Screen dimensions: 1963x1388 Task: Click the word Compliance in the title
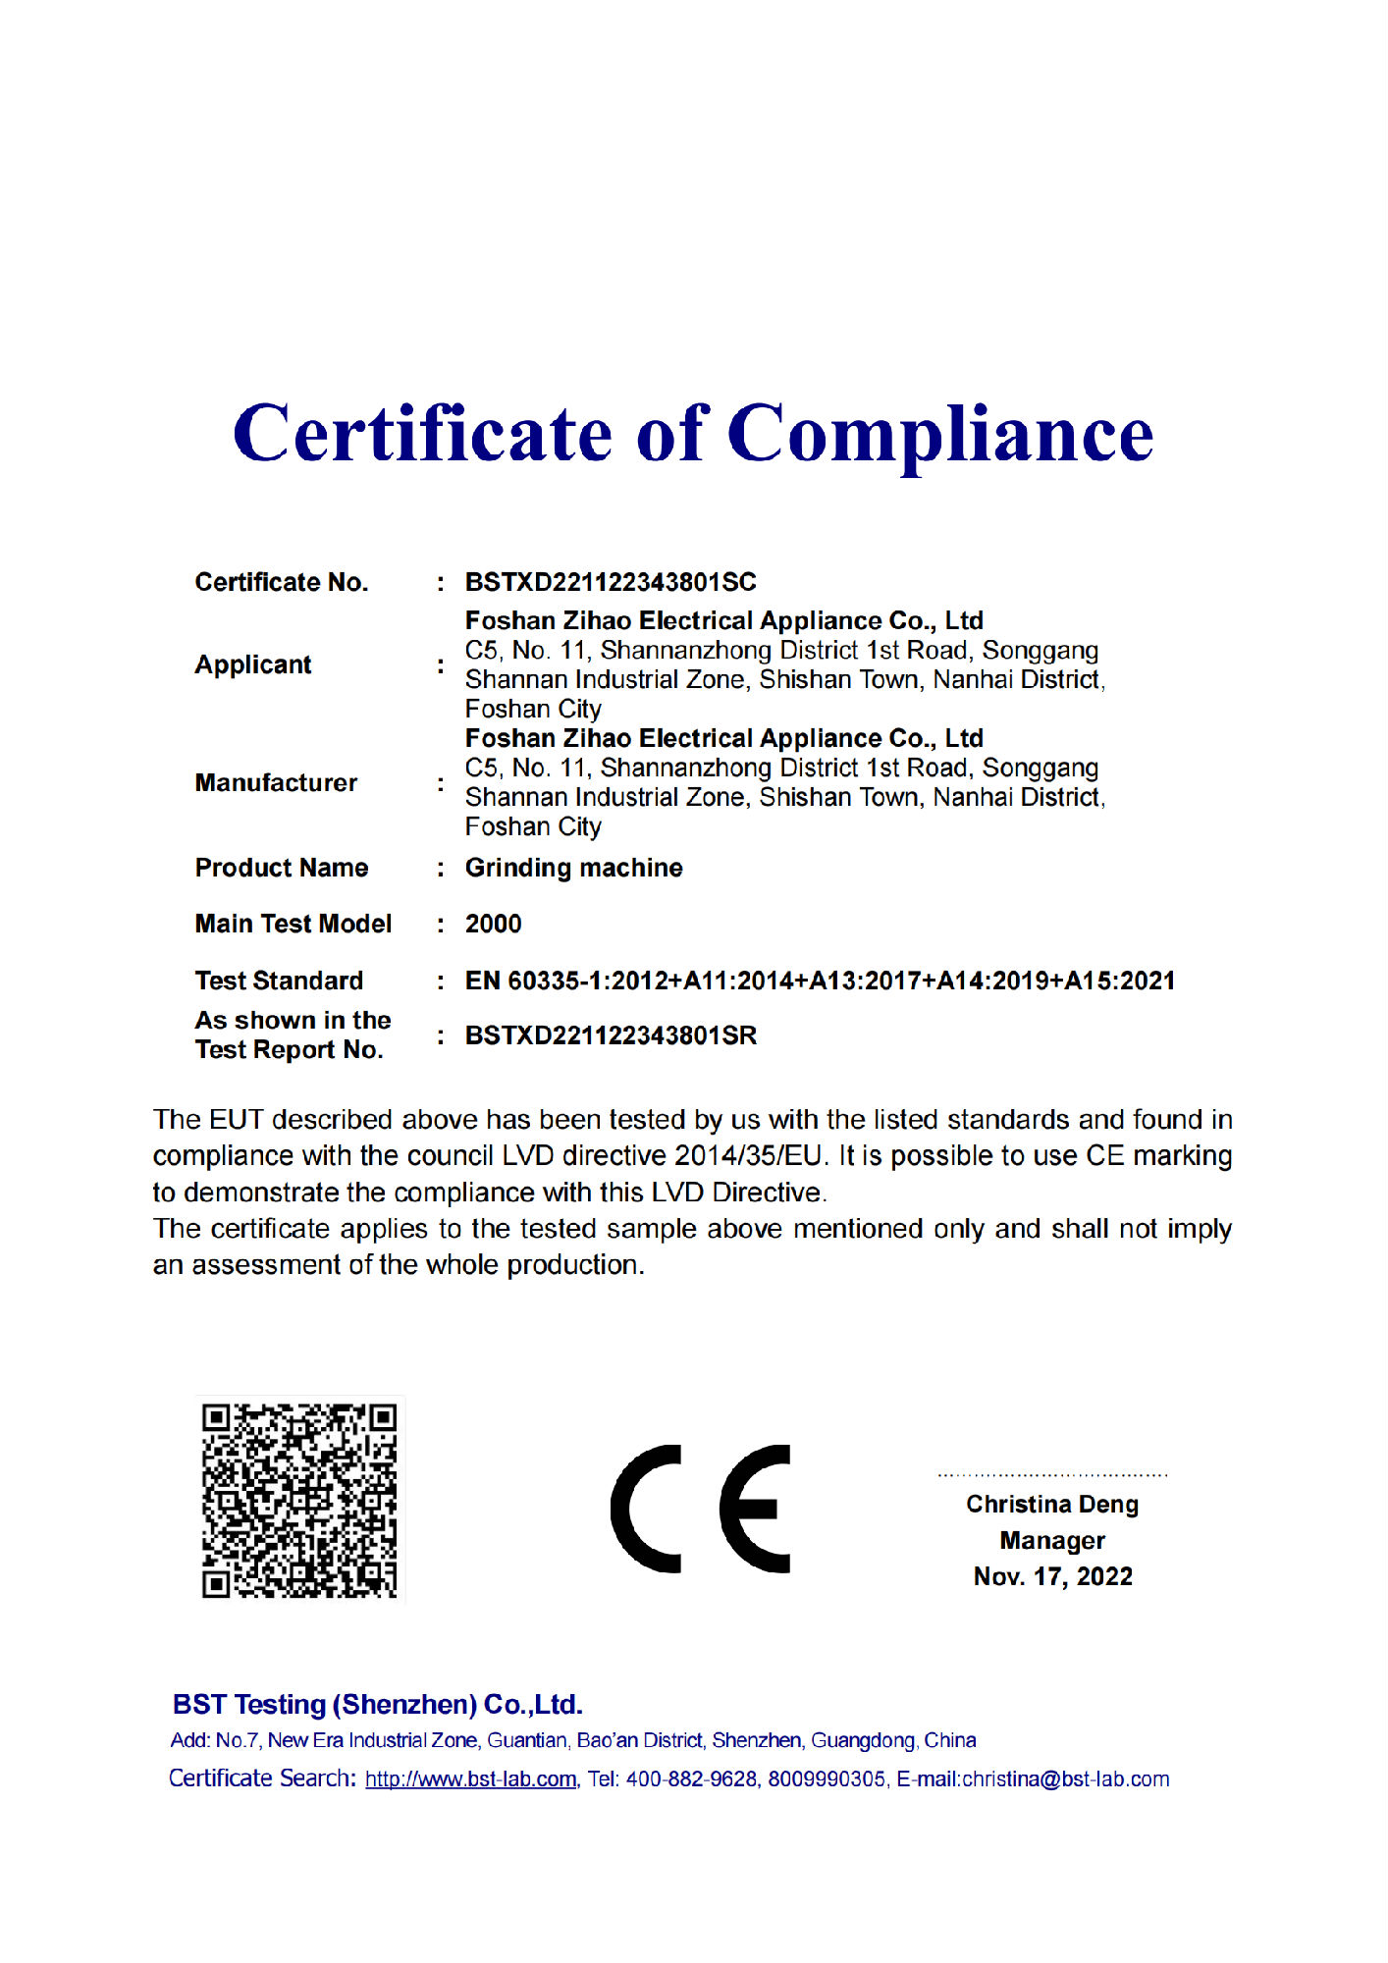940,435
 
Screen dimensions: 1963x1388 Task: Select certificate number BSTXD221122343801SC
611,582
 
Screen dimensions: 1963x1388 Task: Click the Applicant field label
252,664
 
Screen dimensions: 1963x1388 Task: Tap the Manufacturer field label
276,782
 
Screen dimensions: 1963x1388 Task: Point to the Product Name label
282,868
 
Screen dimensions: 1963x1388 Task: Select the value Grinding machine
573,868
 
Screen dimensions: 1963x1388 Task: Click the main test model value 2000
493,924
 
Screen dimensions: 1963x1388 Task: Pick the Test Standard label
279,981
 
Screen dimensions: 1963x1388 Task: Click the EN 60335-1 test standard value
820,981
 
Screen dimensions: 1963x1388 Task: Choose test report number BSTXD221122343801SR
611,1035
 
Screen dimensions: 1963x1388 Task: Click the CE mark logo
701,1509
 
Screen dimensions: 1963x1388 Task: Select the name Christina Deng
1052,1505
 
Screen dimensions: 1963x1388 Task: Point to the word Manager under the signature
1052,1541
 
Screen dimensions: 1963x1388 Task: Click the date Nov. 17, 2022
1052,1576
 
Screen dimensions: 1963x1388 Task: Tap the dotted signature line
1052,1475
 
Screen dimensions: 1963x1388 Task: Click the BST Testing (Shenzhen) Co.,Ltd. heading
378,1705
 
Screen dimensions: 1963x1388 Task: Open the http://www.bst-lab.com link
471,1779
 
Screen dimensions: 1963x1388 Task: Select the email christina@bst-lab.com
1065,1779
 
